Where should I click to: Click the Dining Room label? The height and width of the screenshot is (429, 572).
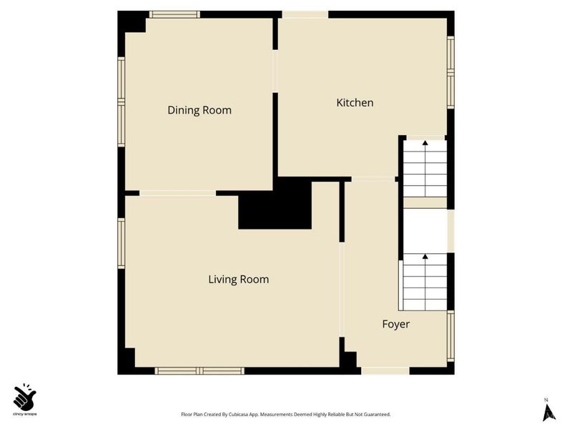199,110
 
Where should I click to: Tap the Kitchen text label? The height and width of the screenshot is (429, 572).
355,103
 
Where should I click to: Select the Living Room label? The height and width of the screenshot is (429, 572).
239,280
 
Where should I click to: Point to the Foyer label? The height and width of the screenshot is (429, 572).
395,325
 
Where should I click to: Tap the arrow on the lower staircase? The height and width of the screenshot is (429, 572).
425,257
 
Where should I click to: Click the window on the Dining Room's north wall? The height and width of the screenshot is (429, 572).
174,14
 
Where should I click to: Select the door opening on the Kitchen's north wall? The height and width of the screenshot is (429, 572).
305,14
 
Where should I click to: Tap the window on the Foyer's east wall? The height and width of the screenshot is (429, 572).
450,336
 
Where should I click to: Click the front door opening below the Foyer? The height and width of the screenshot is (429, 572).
385,370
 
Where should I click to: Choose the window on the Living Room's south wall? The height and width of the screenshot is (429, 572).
200,370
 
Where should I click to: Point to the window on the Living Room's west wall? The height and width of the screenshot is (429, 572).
122,243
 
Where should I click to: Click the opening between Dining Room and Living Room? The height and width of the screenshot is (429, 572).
177,192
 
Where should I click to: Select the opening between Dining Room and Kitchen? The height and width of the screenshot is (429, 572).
275,71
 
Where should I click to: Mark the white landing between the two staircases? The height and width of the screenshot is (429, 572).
425,230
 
